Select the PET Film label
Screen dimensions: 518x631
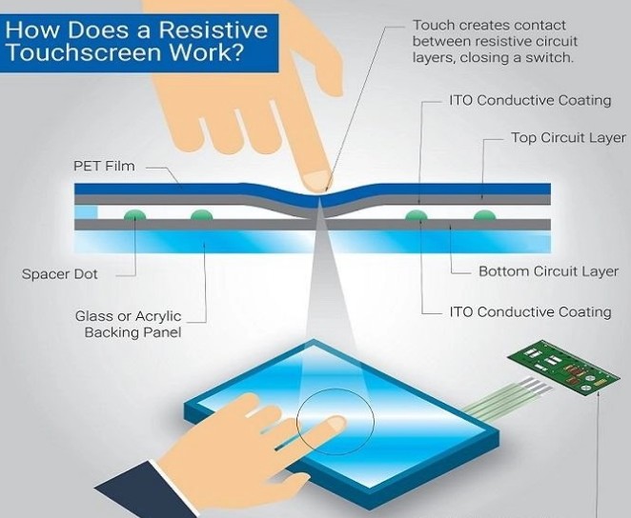coord(104,166)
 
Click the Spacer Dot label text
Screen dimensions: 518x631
coord(60,274)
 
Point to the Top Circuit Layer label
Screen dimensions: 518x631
coord(568,138)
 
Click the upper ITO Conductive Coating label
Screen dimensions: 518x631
coord(529,100)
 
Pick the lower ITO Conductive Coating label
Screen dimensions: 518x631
coord(529,311)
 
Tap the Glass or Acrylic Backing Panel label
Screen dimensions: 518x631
coord(128,324)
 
